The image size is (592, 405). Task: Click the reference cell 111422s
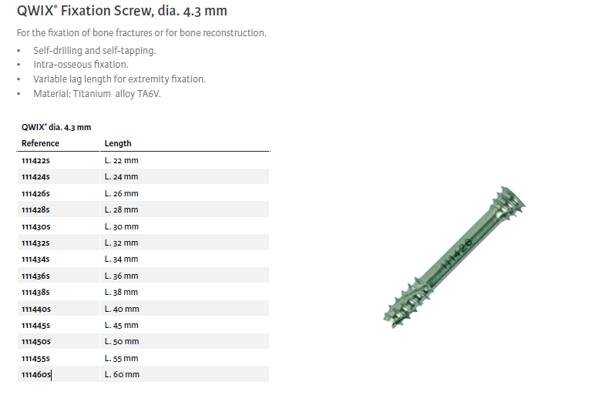coord(35,160)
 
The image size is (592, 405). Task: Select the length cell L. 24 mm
coord(122,176)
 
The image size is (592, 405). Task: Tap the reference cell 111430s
coord(36,226)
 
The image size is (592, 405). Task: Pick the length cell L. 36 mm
coord(122,276)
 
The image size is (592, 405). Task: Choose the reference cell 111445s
coord(36,325)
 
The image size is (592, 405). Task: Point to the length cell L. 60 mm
coord(122,374)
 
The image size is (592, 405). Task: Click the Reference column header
coord(40,143)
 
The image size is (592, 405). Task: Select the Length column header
coord(118,143)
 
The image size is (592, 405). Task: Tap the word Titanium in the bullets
coord(92,93)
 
